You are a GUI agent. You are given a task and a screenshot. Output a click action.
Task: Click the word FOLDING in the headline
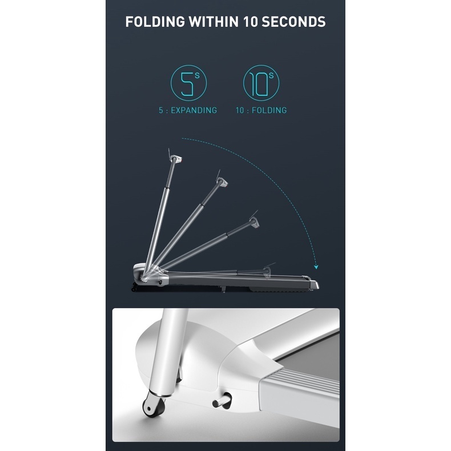(x=155, y=22)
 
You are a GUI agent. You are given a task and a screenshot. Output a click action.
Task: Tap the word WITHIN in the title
(x=214, y=22)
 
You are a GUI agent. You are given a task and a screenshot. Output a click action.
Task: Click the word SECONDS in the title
(x=293, y=22)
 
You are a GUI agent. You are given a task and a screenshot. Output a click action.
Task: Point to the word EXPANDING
(x=194, y=110)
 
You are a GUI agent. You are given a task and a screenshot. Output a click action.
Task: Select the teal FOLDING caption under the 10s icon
(x=269, y=110)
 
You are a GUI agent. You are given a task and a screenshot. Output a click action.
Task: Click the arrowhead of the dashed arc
(x=316, y=267)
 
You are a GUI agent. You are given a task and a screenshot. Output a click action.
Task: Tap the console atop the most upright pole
(x=176, y=159)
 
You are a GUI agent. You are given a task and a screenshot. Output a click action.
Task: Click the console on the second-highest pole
(x=222, y=182)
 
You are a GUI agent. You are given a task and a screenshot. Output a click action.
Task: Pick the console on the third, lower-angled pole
(x=254, y=222)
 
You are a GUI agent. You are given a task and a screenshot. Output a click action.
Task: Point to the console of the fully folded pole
(x=267, y=271)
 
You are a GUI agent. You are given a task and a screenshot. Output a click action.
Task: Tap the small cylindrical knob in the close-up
(x=222, y=401)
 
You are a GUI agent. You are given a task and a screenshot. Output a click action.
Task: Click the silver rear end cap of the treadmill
(x=314, y=284)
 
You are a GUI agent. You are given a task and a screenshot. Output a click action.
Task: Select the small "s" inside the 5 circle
(x=197, y=76)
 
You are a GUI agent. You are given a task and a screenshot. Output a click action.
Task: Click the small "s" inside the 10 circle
(x=271, y=76)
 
